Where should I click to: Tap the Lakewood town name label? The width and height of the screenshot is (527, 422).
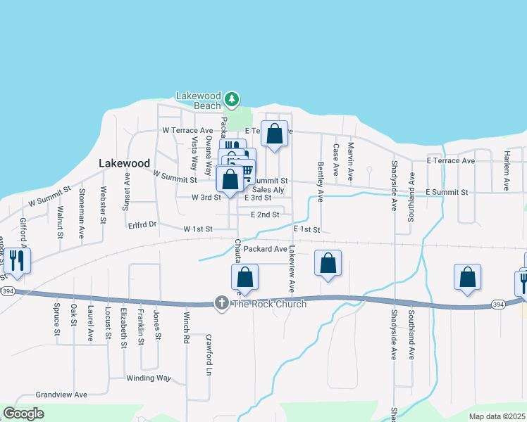pyautogui.click(x=124, y=162)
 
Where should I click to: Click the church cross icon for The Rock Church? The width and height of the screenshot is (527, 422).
pyautogui.click(x=221, y=303)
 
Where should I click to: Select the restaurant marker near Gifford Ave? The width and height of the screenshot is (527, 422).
pyautogui.click(x=17, y=261)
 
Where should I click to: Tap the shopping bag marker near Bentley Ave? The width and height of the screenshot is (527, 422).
pyautogui.click(x=328, y=264)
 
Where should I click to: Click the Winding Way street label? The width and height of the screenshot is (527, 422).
pyautogui.click(x=149, y=378)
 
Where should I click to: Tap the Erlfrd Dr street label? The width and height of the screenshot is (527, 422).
pyautogui.click(x=142, y=224)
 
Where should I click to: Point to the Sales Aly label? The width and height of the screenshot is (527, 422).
pyautogui.click(x=268, y=190)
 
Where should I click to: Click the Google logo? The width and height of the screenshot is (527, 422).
pyautogui.click(x=23, y=414)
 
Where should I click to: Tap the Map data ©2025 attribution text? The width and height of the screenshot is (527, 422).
pyautogui.click(x=496, y=416)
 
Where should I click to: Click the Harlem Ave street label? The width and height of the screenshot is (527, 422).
pyautogui.click(x=506, y=170)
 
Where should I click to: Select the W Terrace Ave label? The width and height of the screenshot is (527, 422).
pyautogui.click(x=187, y=131)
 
